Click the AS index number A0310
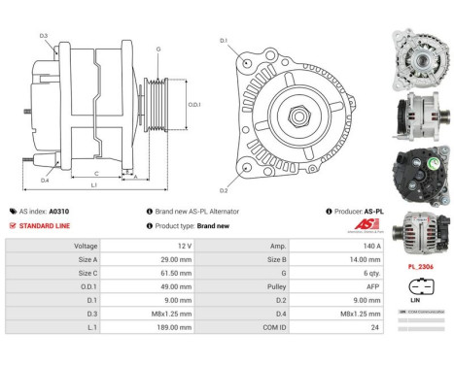coord(59,211)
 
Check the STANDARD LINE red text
coord(46,225)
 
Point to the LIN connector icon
coord(418,288)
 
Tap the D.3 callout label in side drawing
coord(44,36)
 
